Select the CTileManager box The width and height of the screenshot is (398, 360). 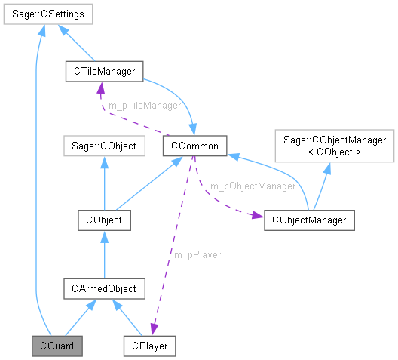104,71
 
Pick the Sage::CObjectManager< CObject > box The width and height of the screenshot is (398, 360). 334,145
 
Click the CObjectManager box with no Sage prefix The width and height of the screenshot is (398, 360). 309,220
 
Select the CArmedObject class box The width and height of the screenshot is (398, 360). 105,288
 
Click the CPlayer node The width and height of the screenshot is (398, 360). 151,346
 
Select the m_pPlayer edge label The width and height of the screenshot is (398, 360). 197,255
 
